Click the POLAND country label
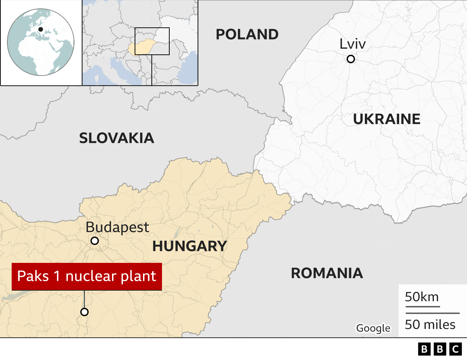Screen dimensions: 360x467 click(247, 35)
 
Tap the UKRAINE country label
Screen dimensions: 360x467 click(387, 119)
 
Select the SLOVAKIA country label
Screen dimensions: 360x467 click(116, 138)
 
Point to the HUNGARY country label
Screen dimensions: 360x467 click(190, 246)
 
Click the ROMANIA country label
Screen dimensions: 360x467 click(327, 273)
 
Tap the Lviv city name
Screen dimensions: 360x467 click(352, 44)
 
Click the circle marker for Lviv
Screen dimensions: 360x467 click(351, 59)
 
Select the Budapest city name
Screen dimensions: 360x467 click(117, 227)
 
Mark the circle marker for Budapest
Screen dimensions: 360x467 click(94, 241)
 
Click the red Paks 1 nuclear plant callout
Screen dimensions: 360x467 click(86, 276)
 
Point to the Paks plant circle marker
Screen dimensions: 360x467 click(84, 312)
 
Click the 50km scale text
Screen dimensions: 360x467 click(422, 297)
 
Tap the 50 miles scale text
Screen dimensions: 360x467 click(430, 325)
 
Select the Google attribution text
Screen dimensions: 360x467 click(373, 328)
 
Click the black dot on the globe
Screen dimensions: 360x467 click(40, 30)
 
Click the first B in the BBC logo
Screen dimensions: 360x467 click(424, 349)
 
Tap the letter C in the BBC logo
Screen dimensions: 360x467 click(456, 349)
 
